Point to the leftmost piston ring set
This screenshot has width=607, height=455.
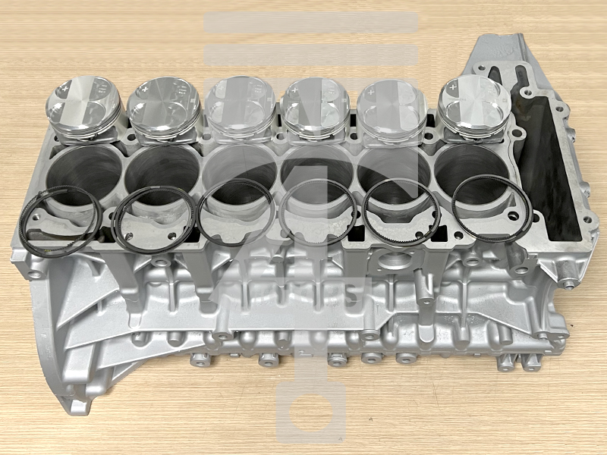tap(61, 221)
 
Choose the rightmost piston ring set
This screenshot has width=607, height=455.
tap(492, 209)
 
